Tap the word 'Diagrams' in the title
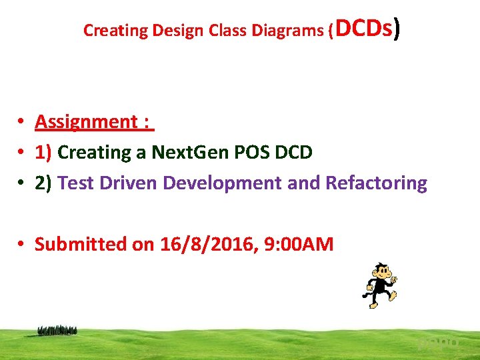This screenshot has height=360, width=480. coord(278,31)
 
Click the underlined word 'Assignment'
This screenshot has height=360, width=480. coord(86,122)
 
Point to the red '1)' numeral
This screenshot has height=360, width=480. coord(44,153)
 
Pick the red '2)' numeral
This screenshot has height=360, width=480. coord(44,183)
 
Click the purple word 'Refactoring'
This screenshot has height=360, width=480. coord(376,183)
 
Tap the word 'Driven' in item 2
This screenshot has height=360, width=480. coord(129,183)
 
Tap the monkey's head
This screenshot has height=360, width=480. coord(383,270)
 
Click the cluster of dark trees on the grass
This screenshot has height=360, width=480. coord(57,329)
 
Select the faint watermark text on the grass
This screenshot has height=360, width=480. coord(439,343)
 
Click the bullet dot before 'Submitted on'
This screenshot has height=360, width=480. coord(21,244)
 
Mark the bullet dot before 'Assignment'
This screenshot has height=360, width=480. coord(21,122)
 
